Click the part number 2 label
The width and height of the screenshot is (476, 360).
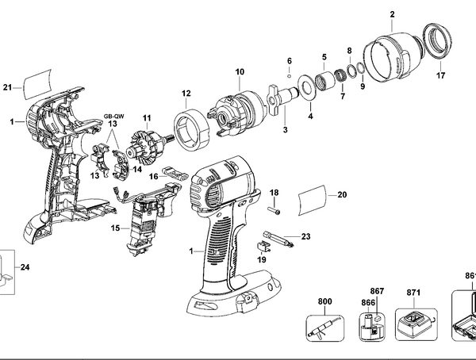392,14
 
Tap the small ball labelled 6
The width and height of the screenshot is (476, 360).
290,76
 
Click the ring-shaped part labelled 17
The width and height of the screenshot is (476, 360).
437,40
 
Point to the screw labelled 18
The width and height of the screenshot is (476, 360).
274,211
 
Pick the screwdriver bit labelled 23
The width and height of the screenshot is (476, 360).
278,239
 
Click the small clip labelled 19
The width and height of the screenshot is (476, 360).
263,247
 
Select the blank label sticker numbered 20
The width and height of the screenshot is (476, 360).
313,200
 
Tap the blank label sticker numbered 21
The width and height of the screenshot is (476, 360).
38,84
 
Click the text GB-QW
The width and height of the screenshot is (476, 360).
113,116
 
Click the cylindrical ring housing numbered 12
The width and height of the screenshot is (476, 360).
192,129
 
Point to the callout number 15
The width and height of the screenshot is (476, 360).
115,228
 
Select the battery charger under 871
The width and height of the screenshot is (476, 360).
416,325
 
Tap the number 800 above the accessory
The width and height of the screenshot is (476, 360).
324,301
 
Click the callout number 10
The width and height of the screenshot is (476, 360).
240,72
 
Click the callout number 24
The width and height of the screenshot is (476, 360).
25,267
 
